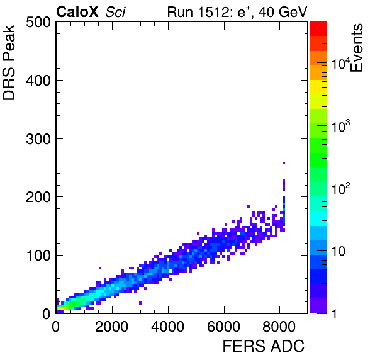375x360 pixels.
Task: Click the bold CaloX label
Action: coord(77,12)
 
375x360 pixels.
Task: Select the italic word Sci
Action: coord(115,12)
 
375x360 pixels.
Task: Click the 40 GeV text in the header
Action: coord(283,12)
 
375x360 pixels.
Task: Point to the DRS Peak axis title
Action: coord(9,63)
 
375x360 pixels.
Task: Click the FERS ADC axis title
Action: coord(263,346)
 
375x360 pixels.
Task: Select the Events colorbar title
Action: coord(356,48)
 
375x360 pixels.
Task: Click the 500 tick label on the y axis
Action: coord(38,23)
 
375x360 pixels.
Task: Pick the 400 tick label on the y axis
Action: coord(38,81)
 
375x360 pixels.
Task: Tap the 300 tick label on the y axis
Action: coord(38,138)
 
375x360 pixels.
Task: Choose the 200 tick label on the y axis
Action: coord(38,197)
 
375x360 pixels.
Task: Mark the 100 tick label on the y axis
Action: coord(38,256)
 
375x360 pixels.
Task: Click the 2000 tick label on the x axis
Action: coord(112,327)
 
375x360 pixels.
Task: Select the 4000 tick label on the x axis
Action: coord(168,327)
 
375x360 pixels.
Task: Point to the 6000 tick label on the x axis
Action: coord(224,327)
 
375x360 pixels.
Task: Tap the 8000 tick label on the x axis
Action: coord(279,327)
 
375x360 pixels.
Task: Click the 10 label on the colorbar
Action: coord(339,251)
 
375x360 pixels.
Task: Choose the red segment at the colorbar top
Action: coord(318,29)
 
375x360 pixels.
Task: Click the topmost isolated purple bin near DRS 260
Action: coord(284,163)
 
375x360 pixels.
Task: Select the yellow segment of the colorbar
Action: coord(318,87)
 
